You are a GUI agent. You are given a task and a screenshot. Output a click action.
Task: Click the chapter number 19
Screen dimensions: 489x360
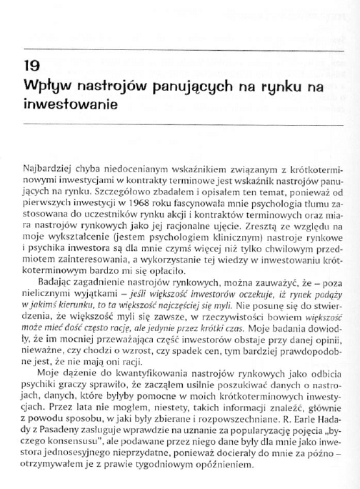point(31,71)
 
